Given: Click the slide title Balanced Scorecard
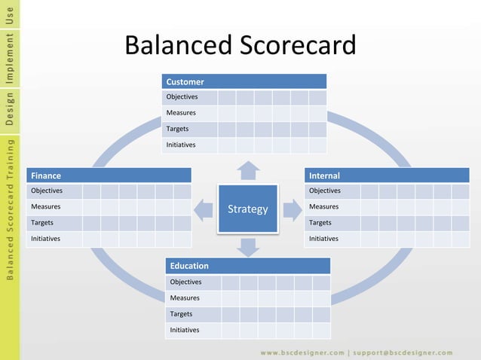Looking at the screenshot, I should (240, 46).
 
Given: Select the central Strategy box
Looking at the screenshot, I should (247, 209).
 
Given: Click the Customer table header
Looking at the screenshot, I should (244, 81).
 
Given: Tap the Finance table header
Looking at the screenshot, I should (109, 175).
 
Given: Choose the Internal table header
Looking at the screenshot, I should (387, 175).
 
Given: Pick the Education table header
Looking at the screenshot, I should (247, 266).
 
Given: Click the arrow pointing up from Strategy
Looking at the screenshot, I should (247, 170).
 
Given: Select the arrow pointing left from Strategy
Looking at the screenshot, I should (203, 209).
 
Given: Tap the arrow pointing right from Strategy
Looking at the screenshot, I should (293, 209).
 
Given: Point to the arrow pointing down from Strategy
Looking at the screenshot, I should (247, 246).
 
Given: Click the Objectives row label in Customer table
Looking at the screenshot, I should (182, 97).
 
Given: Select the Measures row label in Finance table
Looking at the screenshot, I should (45, 207).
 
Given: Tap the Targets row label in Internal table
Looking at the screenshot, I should (322, 223).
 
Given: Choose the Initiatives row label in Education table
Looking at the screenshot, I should (185, 330).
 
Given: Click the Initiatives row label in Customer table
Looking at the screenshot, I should (181, 145).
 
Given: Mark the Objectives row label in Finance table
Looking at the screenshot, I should (46, 191).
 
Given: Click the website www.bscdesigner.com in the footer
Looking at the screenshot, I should (301, 352).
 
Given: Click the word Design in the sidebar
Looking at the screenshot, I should (9, 108).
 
